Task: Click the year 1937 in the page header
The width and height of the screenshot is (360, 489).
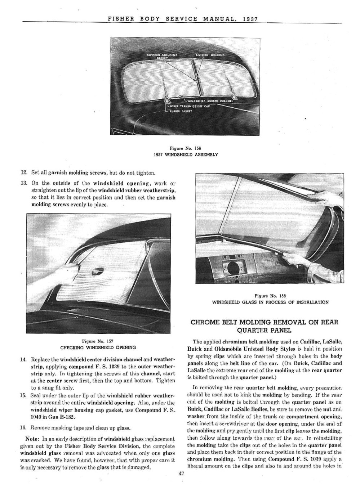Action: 250,19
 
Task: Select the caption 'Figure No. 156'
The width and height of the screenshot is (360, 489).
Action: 185,148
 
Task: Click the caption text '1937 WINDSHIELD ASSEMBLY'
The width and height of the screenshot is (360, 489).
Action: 186,155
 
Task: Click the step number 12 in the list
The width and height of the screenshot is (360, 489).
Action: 23,173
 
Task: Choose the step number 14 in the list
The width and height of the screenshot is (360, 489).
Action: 23,359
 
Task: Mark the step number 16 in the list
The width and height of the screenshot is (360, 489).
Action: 23,428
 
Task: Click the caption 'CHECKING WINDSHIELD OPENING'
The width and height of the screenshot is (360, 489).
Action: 98,347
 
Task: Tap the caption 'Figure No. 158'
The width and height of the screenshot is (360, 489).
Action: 270,296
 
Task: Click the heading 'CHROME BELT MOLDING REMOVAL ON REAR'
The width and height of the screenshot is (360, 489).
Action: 264,322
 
